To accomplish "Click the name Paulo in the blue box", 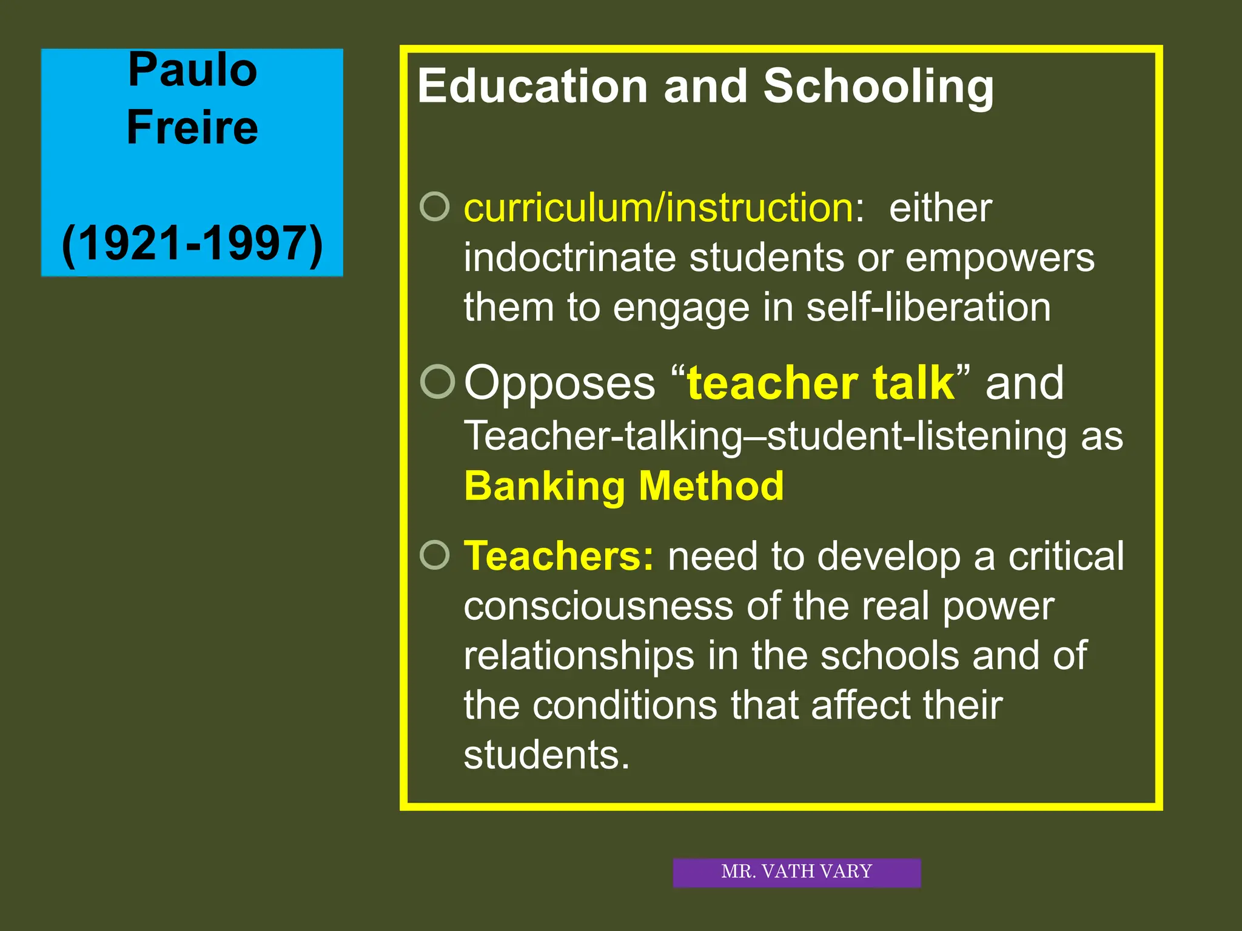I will pyautogui.click(x=193, y=70).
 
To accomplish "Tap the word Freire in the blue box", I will pyautogui.click(x=192, y=127).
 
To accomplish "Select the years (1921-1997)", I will pyautogui.click(x=192, y=244).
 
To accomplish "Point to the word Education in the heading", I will pyautogui.click(x=532, y=86).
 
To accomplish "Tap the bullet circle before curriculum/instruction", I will pyautogui.click(x=435, y=207).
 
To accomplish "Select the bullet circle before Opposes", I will pyautogui.click(x=437, y=382).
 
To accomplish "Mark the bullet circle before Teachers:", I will pyautogui.click(x=435, y=555).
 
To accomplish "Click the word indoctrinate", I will pyautogui.click(x=569, y=258).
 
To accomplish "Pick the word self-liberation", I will pyautogui.click(x=928, y=307).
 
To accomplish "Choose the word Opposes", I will pyautogui.click(x=560, y=383).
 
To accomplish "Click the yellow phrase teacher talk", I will pyautogui.click(x=821, y=383).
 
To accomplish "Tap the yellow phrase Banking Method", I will pyautogui.click(x=623, y=486).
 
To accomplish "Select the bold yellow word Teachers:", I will pyautogui.click(x=559, y=556).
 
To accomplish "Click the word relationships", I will pyautogui.click(x=579, y=655).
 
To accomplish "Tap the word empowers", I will pyautogui.click(x=999, y=258).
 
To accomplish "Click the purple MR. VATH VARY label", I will pyautogui.click(x=796, y=872).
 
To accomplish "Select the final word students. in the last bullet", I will pyautogui.click(x=546, y=755).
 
